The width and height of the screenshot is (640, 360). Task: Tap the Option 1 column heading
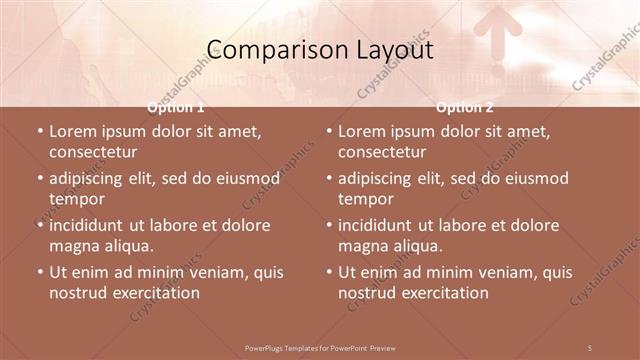click(x=176, y=107)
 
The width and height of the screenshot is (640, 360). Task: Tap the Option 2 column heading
click(x=465, y=107)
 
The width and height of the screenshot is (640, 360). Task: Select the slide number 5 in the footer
click(x=590, y=347)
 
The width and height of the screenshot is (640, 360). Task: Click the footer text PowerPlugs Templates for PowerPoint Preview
click(x=320, y=347)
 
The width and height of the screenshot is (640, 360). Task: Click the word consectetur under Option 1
click(x=92, y=152)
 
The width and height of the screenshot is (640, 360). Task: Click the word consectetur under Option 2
click(x=381, y=152)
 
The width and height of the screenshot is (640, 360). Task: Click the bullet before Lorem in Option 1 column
click(x=40, y=131)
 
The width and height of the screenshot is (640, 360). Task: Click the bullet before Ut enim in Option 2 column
click(x=329, y=272)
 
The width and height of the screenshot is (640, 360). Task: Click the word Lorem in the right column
click(x=362, y=131)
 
